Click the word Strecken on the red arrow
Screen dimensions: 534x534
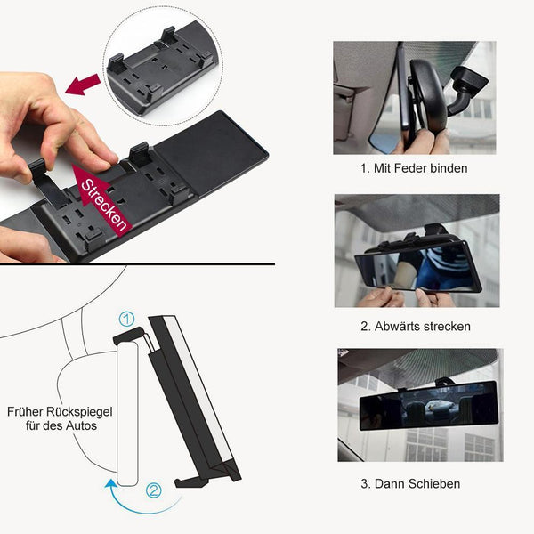104,205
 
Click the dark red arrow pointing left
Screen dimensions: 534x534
83,85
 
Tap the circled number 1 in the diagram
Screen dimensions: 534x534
126,320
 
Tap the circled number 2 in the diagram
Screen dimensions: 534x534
154,490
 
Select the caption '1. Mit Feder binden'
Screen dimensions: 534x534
414,168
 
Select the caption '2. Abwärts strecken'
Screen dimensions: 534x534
416,327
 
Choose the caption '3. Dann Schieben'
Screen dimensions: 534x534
410,483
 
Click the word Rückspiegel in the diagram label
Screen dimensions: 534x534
79,412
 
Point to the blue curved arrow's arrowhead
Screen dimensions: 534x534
110,483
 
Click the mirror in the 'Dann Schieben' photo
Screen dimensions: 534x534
429,404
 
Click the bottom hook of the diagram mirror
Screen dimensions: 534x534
191,481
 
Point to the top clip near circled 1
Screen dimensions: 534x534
129,336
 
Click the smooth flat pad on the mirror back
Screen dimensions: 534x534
211,152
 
